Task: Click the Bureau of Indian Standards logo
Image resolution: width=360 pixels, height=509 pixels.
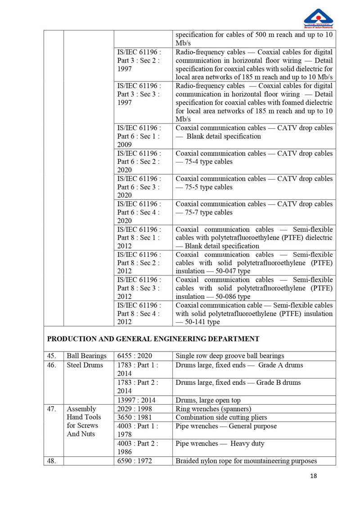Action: (x=318, y=18)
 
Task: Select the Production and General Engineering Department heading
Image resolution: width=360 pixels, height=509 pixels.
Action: (x=153, y=339)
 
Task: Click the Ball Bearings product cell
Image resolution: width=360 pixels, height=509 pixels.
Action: (x=87, y=356)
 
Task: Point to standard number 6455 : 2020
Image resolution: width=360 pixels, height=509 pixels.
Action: (x=134, y=356)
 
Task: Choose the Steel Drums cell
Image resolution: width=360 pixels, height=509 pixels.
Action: (x=85, y=365)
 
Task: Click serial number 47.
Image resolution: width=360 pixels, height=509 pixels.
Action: (x=51, y=409)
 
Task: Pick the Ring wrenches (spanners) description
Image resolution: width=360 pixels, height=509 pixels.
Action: (x=213, y=409)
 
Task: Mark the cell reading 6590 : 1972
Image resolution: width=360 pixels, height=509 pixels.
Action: (x=135, y=461)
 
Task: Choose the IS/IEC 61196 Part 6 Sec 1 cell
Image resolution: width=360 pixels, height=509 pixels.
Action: (x=139, y=136)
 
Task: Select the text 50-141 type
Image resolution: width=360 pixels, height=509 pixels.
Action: (x=202, y=322)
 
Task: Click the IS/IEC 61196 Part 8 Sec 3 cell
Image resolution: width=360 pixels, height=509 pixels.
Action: (x=139, y=288)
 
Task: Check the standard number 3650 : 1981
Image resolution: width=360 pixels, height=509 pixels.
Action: (x=134, y=418)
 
